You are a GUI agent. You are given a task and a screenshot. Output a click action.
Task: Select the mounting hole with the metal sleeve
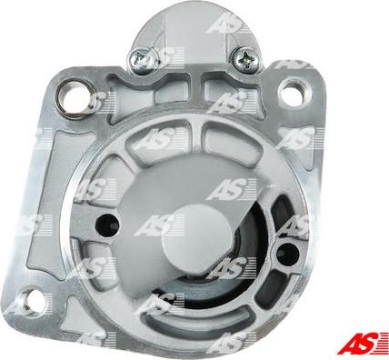point(76,97)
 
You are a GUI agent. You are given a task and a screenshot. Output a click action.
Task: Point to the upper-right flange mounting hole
point(294,93)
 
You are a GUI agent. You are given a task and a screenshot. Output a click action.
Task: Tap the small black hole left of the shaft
point(107,225)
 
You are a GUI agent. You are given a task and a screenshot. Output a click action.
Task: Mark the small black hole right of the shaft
point(287,254)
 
